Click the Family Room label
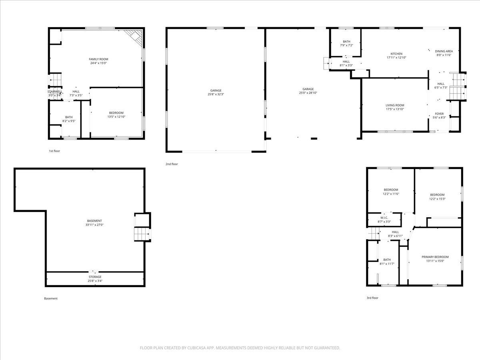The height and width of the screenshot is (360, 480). tap(98, 59)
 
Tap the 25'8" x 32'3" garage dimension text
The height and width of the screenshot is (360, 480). tap(216, 94)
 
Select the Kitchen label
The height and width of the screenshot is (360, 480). tap(396, 54)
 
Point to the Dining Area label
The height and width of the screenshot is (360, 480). tap(444, 51)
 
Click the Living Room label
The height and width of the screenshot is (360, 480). tap(395, 105)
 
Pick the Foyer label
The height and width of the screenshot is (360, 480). tap(439, 114)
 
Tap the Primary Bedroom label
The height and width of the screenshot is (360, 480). tap(435, 257)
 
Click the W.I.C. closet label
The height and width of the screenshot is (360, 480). tap(384, 218)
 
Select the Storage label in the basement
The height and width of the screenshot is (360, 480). tap(95, 277)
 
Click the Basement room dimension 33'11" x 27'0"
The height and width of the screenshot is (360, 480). tap(94, 225)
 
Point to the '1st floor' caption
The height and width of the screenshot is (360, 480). tap(54, 151)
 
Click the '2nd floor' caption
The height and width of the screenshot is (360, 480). tap(172, 164)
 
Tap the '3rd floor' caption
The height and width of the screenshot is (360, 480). tap(372, 298)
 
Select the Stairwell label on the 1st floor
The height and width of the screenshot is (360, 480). tap(55, 92)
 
